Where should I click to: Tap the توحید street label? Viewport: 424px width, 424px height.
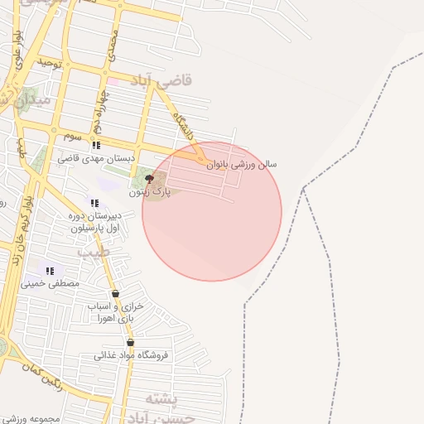pyautogui.click(x=49, y=63)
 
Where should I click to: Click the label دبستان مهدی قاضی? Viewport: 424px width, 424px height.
pyautogui.click(x=91, y=157)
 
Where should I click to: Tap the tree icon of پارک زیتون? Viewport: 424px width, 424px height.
pyautogui.click(x=149, y=179)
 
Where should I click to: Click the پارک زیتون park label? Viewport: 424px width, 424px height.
pyautogui.click(x=150, y=191)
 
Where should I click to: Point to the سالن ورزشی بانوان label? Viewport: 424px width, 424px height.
pyautogui.click(x=242, y=165)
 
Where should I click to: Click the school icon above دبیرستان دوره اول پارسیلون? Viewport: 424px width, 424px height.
pyautogui.click(x=94, y=203)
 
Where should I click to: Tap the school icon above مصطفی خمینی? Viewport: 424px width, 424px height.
pyautogui.click(x=51, y=271)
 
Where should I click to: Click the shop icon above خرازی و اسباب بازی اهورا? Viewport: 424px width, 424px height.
pyautogui.click(x=115, y=294)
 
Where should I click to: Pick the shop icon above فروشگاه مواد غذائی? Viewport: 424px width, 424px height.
pyautogui.click(x=130, y=343)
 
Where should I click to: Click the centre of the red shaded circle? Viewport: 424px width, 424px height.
pyautogui.click(x=212, y=211)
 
